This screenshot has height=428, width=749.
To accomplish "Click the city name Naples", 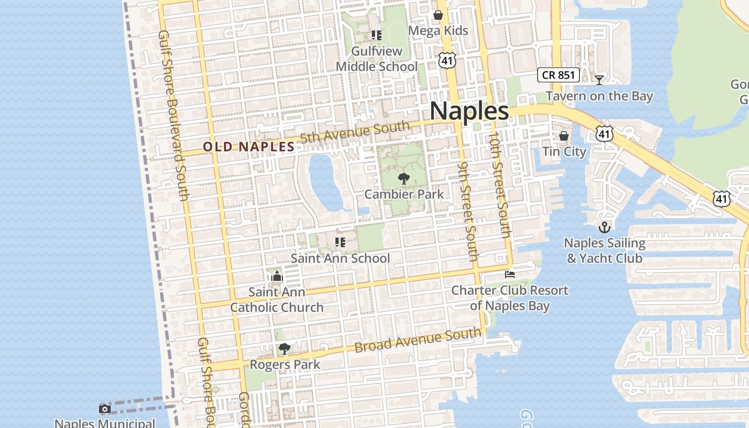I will [469, 111].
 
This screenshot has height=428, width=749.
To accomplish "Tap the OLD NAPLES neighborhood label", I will [249, 147].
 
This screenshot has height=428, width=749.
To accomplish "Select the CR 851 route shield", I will [559, 75].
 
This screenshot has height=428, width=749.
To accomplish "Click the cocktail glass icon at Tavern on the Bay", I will [599, 80].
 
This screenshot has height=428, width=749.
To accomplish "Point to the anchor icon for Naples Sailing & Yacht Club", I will [605, 227].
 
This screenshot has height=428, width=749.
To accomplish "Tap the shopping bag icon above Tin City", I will [564, 136].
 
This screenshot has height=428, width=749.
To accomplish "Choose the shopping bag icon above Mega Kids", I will [438, 15].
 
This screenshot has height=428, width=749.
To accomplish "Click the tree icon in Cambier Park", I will [404, 178].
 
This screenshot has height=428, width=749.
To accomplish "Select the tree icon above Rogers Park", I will [285, 349].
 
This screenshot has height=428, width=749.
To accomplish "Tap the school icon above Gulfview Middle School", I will [377, 35].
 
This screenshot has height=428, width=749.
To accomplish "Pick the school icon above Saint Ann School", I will [340, 242].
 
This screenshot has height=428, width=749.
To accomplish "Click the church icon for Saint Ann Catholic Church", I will [277, 276].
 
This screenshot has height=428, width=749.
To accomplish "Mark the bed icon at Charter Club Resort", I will [510, 274].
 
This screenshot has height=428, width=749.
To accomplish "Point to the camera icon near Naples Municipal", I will [105, 409].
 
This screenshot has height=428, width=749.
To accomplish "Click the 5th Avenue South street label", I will [355, 132].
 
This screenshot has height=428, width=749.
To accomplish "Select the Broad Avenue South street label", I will [418, 340].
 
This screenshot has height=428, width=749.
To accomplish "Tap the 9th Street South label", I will [468, 211].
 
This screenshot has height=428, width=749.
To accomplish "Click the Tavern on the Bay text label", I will [599, 96].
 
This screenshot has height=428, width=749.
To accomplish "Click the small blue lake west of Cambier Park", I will [325, 182].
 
